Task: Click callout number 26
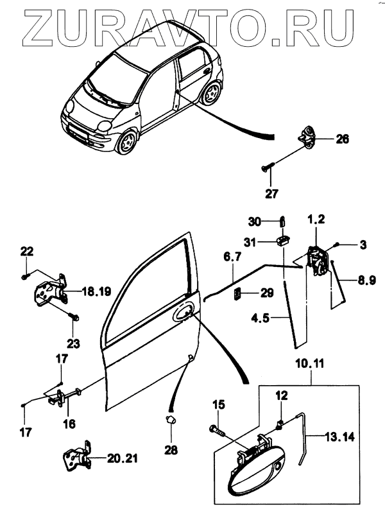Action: (342, 139)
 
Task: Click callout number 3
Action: (363, 245)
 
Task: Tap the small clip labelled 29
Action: (238, 295)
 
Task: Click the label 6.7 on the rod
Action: (232, 257)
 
